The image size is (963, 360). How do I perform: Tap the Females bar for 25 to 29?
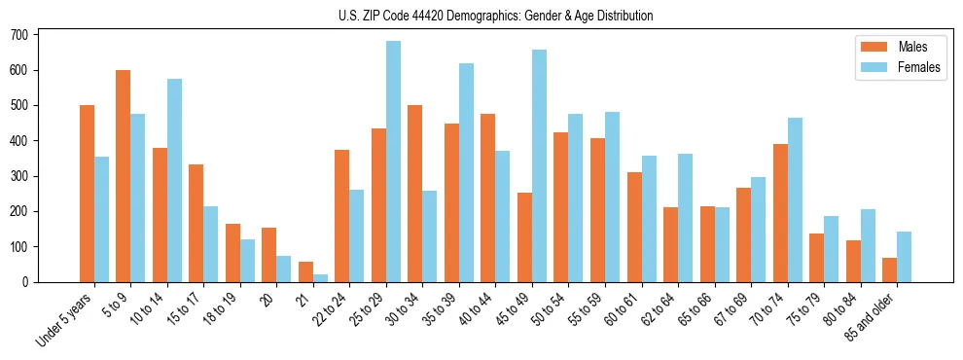click(394, 162)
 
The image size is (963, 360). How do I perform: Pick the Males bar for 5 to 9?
click(124, 176)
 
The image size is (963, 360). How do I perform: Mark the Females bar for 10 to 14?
click(174, 180)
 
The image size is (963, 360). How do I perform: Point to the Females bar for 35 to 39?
click(467, 172)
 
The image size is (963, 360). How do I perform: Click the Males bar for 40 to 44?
click(488, 198)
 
